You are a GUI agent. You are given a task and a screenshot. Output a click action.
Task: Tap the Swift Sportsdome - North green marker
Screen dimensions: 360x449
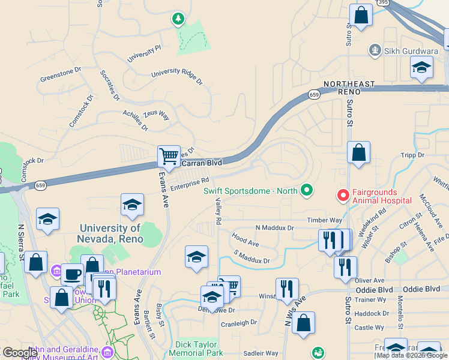307,191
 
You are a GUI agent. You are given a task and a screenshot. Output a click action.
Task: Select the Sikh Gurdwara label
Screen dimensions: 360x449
403,50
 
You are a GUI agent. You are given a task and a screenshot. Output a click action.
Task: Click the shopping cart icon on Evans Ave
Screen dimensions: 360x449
169,156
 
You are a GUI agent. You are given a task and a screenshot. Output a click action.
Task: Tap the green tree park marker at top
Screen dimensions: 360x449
178,20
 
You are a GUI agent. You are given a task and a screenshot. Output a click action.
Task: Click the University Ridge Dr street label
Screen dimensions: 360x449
176,73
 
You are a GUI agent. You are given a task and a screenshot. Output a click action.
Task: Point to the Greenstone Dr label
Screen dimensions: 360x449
60,75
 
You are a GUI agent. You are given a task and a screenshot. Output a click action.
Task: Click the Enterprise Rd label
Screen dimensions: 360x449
189,184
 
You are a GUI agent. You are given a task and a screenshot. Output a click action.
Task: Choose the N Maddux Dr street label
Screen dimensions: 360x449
274,228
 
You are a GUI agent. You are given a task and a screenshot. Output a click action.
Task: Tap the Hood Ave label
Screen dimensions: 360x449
245,241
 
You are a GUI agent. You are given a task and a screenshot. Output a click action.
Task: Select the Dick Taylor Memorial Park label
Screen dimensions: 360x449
200,349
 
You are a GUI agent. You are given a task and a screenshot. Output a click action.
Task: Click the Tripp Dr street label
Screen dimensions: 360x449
412,155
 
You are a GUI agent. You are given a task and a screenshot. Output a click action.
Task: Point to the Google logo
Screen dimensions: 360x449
20,353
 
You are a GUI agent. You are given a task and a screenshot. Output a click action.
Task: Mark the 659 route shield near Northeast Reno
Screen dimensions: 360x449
314,95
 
